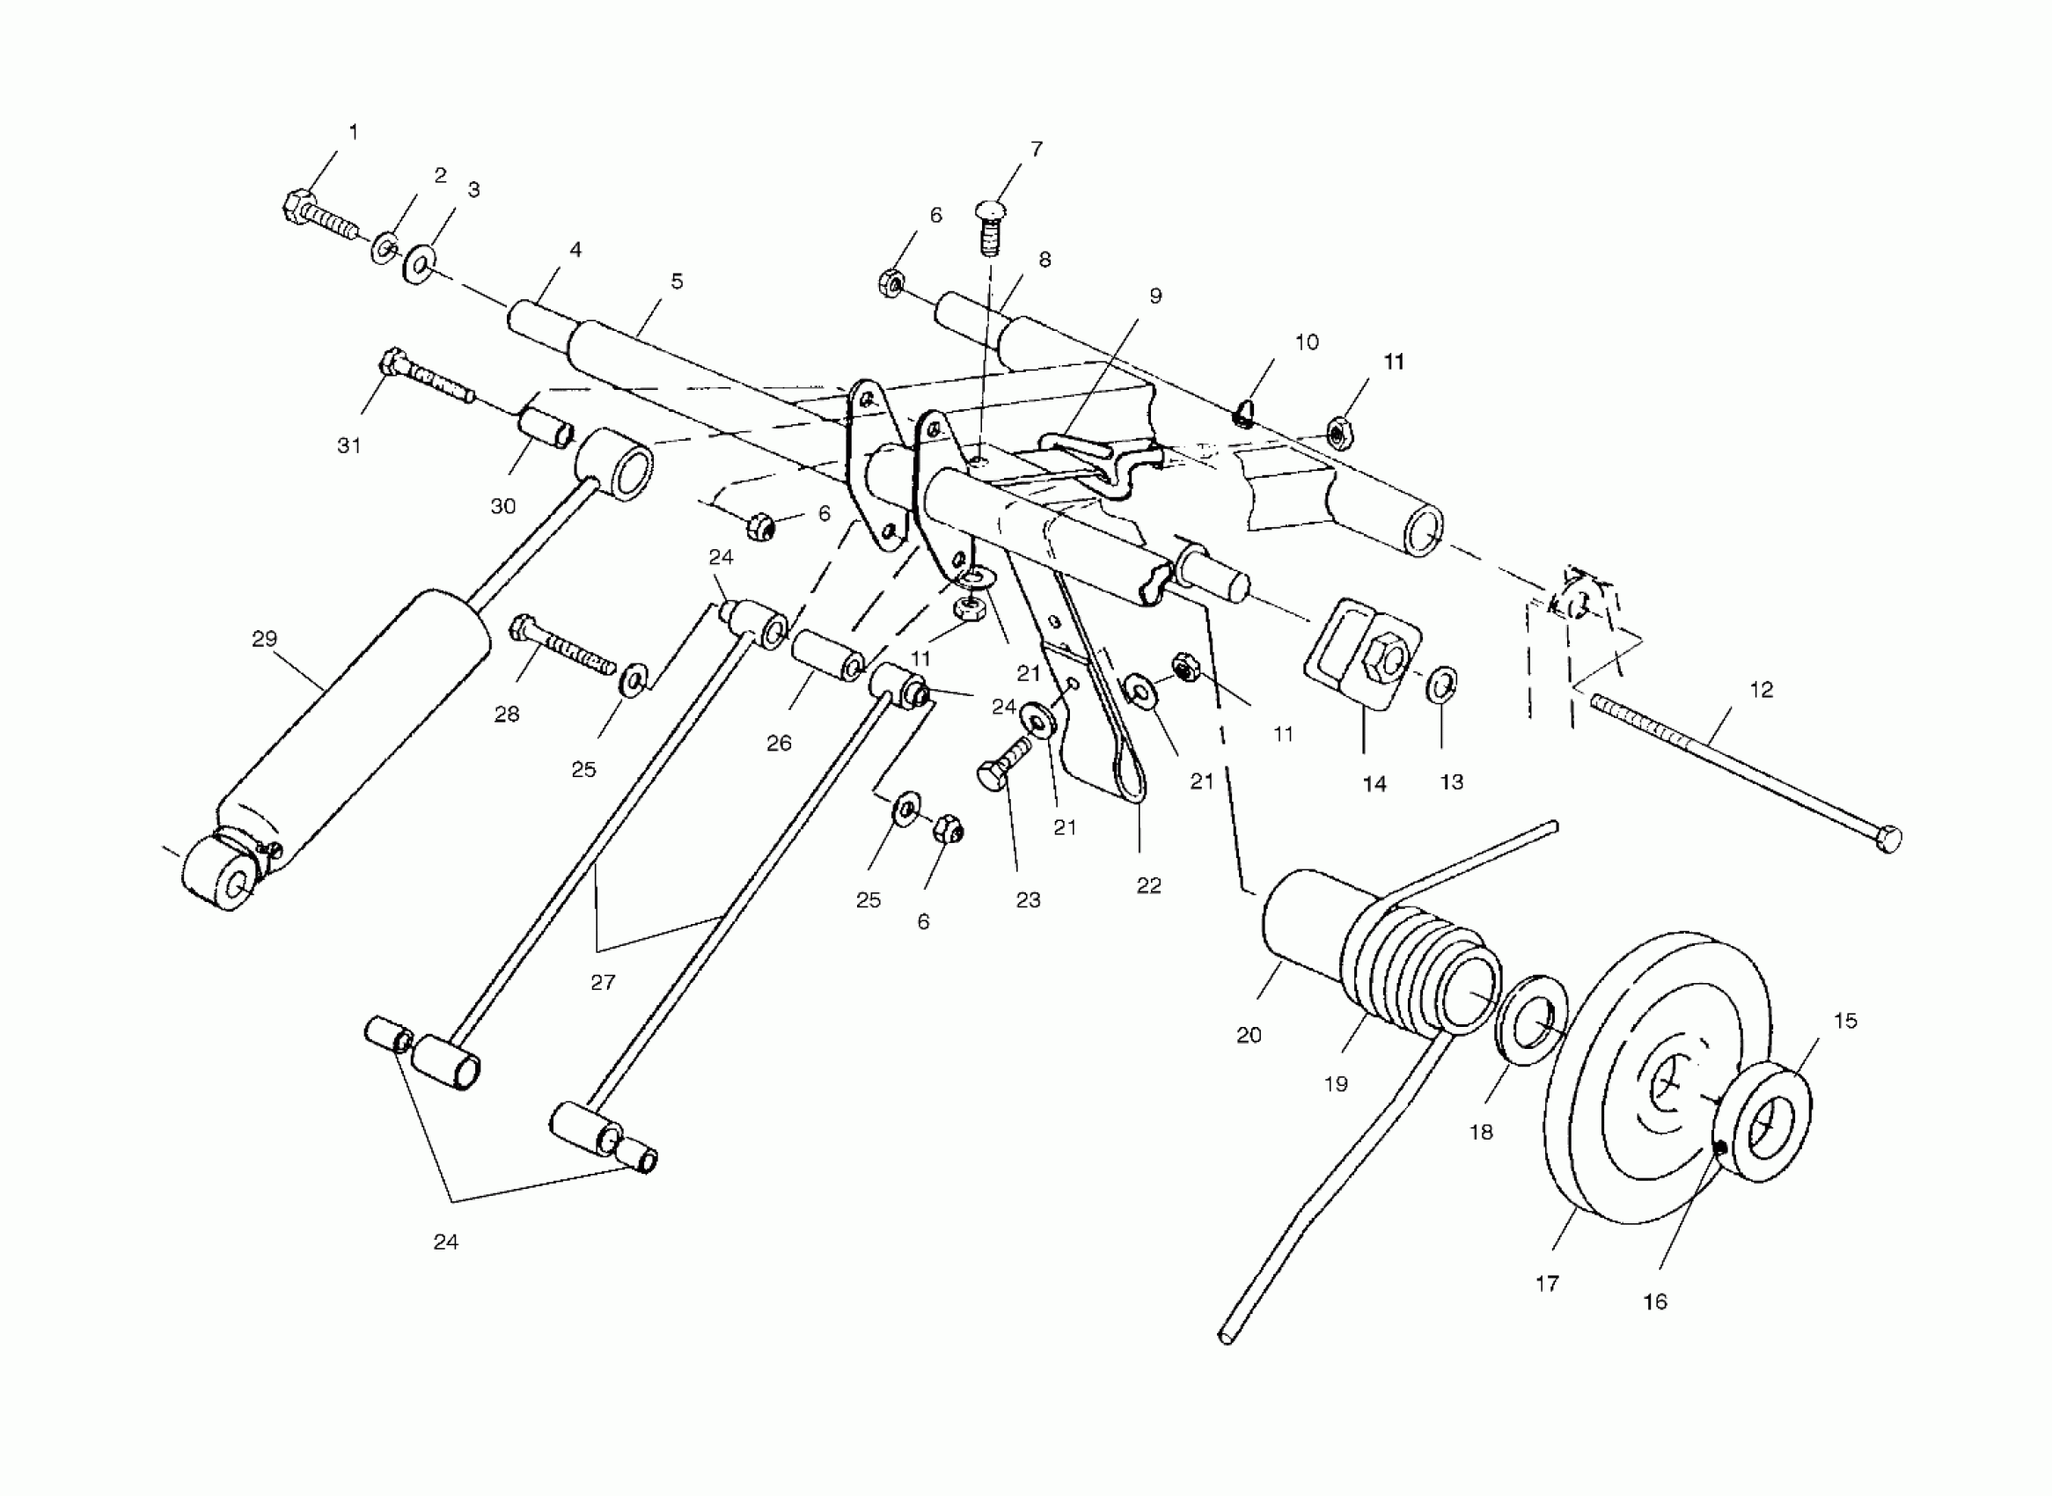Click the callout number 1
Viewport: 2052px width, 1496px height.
coord(353,132)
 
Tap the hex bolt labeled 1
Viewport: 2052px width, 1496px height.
coord(317,216)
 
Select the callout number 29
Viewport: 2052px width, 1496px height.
coord(265,640)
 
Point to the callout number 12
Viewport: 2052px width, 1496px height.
coord(1762,690)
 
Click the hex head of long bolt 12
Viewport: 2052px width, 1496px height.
coord(1889,840)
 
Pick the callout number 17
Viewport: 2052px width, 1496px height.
coord(1548,1283)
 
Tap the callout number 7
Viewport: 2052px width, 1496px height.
coord(1037,149)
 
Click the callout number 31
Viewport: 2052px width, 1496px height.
coord(349,445)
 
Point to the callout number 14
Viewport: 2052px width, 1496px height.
coord(1374,784)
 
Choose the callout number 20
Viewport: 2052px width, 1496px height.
coord(1249,1035)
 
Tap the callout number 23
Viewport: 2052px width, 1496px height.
coord(1028,900)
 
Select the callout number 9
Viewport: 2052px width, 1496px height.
coord(1155,297)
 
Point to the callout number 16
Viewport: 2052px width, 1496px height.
coord(1654,1302)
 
